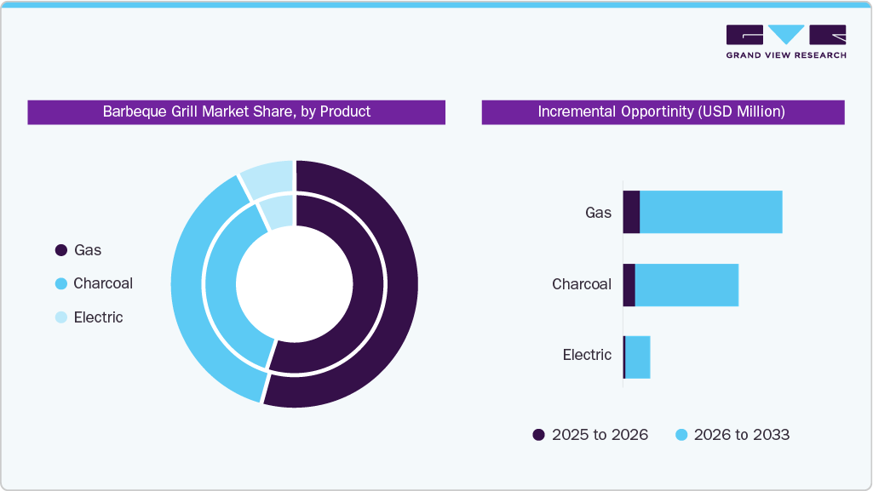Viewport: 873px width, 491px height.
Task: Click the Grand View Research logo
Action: point(785,42)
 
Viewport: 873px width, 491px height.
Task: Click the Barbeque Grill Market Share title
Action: point(236,111)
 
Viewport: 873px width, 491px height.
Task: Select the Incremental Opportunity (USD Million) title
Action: point(662,111)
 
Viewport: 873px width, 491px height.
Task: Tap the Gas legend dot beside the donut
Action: point(61,250)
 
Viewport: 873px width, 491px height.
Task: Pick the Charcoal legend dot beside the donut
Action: point(61,283)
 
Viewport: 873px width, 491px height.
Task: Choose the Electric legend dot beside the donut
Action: point(61,317)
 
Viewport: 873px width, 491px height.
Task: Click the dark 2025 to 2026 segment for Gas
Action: point(631,212)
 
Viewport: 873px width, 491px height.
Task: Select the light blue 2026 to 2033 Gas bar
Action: point(710,212)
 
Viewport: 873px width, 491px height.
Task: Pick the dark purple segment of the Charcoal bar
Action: point(629,285)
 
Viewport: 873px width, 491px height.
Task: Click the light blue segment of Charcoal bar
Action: point(686,285)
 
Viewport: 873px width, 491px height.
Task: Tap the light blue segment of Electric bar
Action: point(638,357)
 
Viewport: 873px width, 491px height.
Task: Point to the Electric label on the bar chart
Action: point(587,355)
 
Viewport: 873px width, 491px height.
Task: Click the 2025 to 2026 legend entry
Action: point(590,435)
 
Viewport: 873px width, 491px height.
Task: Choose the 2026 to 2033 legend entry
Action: point(732,435)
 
